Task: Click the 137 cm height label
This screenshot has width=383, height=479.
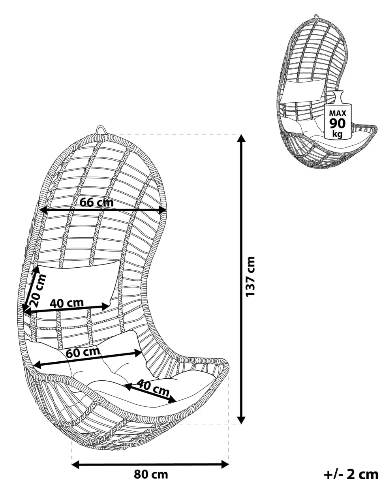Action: click(x=251, y=277)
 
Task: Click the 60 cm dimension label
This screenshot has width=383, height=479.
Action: click(x=83, y=352)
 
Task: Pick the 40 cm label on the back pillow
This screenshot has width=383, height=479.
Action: click(x=67, y=303)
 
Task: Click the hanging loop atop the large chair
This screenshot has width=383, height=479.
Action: click(x=101, y=130)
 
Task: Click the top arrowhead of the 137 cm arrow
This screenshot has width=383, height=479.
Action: click(x=241, y=138)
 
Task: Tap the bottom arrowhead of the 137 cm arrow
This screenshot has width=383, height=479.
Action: click(x=241, y=420)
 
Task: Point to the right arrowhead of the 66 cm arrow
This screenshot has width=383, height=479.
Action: click(x=162, y=210)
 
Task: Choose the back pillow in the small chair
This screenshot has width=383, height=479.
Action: click(x=304, y=89)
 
